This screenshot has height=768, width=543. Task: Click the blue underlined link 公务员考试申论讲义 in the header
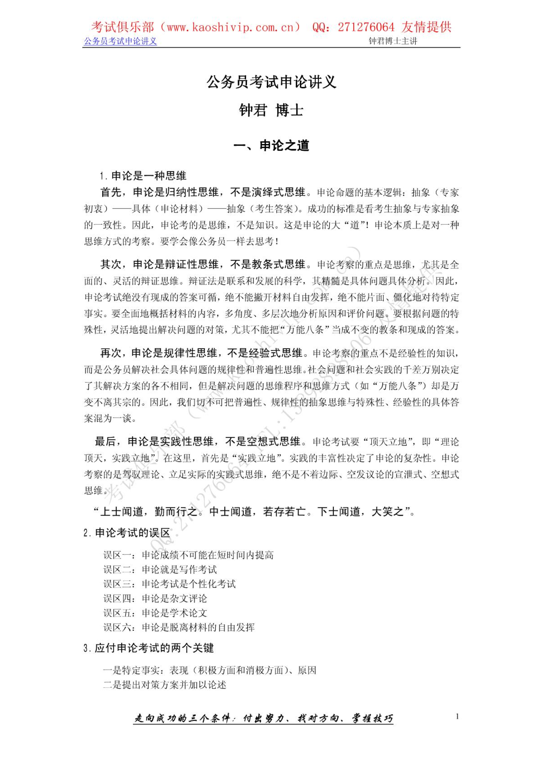point(120,41)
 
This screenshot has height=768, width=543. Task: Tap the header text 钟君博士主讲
point(393,41)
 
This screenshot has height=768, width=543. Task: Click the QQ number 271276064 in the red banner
point(366,27)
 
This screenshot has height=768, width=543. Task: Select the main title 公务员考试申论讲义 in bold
point(271,82)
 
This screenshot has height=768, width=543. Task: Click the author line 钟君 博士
point(271,110)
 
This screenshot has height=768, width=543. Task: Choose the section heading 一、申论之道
point(271,146)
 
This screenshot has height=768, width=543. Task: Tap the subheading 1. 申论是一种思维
point(143,176)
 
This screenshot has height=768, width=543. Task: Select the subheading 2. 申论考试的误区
point(127,533)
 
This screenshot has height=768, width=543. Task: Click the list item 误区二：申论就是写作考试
point(160,569)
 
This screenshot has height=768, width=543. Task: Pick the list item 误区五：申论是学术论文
point(155,613)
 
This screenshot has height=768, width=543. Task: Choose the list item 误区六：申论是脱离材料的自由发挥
point(179,627)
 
